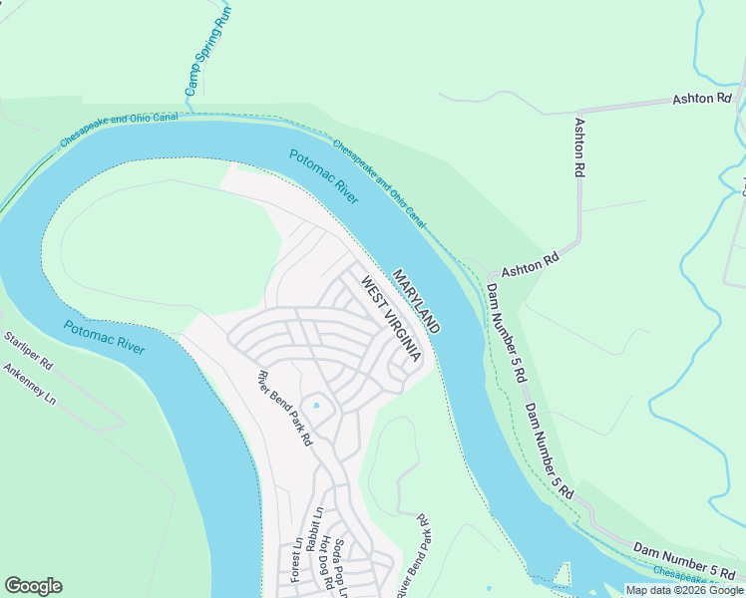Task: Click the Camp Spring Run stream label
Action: pos(207,51)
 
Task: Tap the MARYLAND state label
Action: pos(416,301)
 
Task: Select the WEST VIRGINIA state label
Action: pos(391,319)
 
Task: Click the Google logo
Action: pos(33,586)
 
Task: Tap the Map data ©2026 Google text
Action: pos(683,590)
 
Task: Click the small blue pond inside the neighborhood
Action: pos(316,405)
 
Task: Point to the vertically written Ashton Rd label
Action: pos(578,148)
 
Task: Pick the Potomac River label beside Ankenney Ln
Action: pos(104,338)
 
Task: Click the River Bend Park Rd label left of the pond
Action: pos(284,408)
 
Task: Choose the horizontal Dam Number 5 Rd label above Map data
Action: pos(683,558)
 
